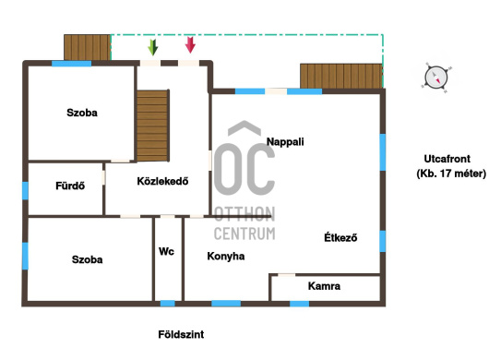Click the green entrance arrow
coord(153,47)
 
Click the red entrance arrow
coord(190,44)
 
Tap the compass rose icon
coord(436,78)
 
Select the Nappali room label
coord(285,141)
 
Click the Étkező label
coord(340,237)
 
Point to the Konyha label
coord(226,256)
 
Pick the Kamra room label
coord(324,286)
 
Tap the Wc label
coord(166,251)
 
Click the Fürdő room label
coord(70,186)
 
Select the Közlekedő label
coord(162,181)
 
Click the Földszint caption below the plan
coord(181,334)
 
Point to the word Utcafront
coord(447,159)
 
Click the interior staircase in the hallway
coord(153,126)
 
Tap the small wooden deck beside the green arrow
coord(88,47)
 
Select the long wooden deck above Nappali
coord(341,76)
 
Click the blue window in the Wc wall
coord(168,303)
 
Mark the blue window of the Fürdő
coord(25,190)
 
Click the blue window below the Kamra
coord(299,304)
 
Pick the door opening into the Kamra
coord(286,275)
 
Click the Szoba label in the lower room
coord(87,259)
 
